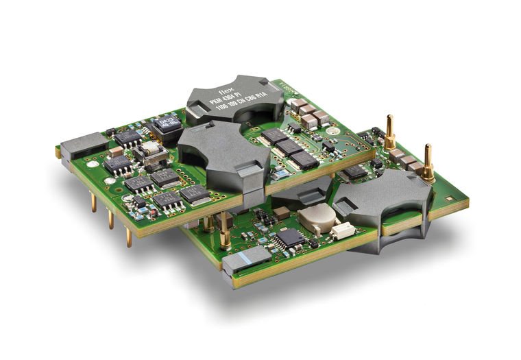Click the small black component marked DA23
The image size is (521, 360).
tap(164, 125)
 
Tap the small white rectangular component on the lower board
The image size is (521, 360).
tap(342, 231)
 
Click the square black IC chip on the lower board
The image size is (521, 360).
tap(291, 238)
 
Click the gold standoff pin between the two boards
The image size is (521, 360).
tap(224, 230)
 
